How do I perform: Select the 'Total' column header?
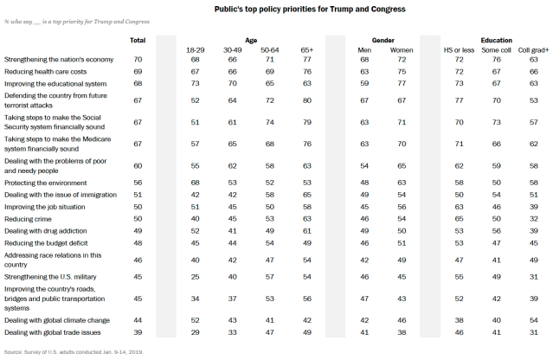click(137, 41)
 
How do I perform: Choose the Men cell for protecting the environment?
click(363, 183)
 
